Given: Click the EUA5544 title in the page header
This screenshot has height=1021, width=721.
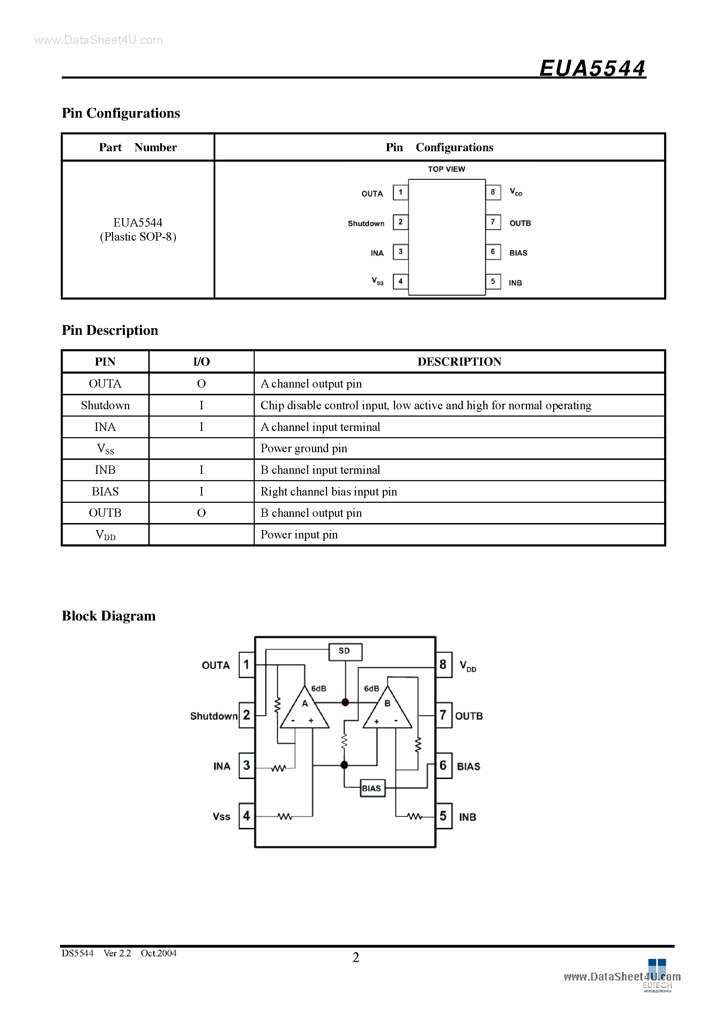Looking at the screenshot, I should tap(592, 68).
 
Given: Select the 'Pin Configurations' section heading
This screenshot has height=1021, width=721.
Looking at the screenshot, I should tap(120, 113).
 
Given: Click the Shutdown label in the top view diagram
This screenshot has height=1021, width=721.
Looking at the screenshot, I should tap(366, 223).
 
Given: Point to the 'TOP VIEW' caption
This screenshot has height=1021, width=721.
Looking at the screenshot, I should tap(446, 169).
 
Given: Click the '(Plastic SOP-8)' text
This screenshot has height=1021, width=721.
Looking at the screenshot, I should tap(138, 237).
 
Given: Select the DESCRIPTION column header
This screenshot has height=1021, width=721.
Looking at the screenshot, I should tap(459, 361).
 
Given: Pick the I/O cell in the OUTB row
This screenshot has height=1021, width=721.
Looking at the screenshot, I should tap(201, 513).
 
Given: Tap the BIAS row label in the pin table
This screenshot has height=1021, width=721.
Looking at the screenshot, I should tap(105, 491).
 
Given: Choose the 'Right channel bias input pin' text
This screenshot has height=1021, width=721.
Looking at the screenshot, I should tap(328, 491).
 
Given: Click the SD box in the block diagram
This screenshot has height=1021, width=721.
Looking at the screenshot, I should tap(345, 652).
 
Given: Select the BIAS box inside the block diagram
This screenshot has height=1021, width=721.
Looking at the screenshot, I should tap(372, 788).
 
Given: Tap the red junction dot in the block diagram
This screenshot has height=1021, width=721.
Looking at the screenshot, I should tap(345, 703).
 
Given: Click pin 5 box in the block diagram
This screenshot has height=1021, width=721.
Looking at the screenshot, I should tap(443, 816).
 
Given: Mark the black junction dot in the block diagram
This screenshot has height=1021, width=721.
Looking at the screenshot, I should tap(344, 765).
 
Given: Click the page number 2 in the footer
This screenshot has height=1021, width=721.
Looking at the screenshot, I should tap(356, 957).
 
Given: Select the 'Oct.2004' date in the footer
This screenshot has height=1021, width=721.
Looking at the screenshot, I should tap(159, 953).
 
